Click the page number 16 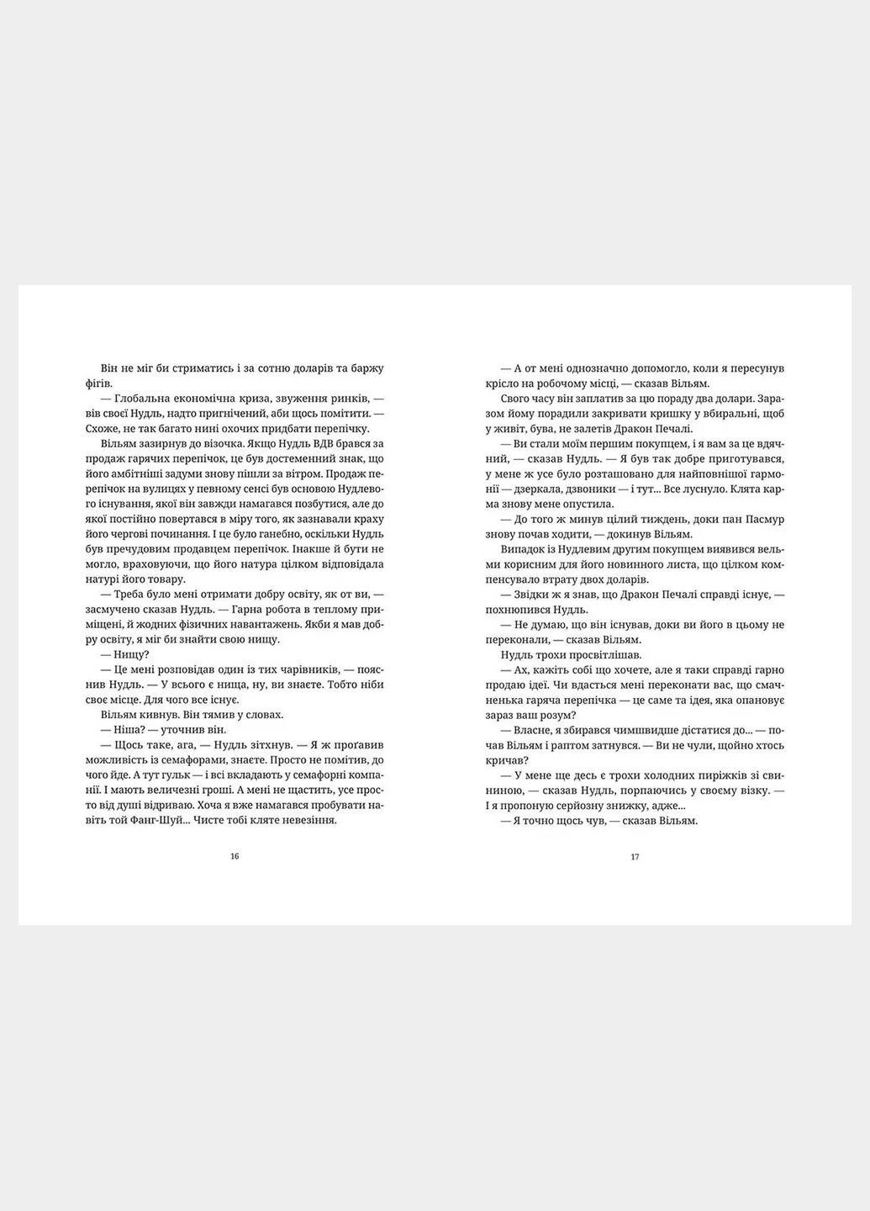click(235, 857)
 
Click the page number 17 click(635, 857)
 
